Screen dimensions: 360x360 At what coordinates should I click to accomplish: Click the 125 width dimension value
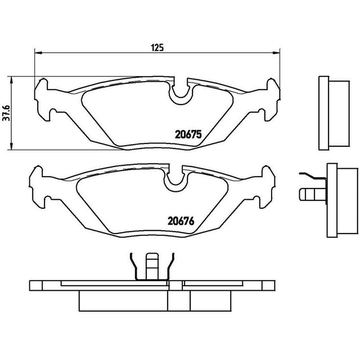[157, 47]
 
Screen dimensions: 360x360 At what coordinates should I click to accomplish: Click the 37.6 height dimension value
[6, 113]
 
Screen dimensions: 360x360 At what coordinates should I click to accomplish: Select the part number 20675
[188, 134]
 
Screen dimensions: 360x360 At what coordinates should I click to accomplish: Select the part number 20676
[181, 221]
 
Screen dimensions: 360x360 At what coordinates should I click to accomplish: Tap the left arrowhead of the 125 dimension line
[38, 53]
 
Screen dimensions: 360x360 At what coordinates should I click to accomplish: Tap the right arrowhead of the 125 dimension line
[276, 53]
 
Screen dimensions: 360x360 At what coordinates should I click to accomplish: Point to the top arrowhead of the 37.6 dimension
[11, 80]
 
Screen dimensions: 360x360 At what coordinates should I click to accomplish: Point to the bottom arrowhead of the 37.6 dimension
[11, 146]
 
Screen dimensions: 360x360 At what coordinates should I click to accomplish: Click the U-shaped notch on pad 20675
[181, 92]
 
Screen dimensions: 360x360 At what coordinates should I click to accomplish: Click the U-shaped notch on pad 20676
[175, 179]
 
